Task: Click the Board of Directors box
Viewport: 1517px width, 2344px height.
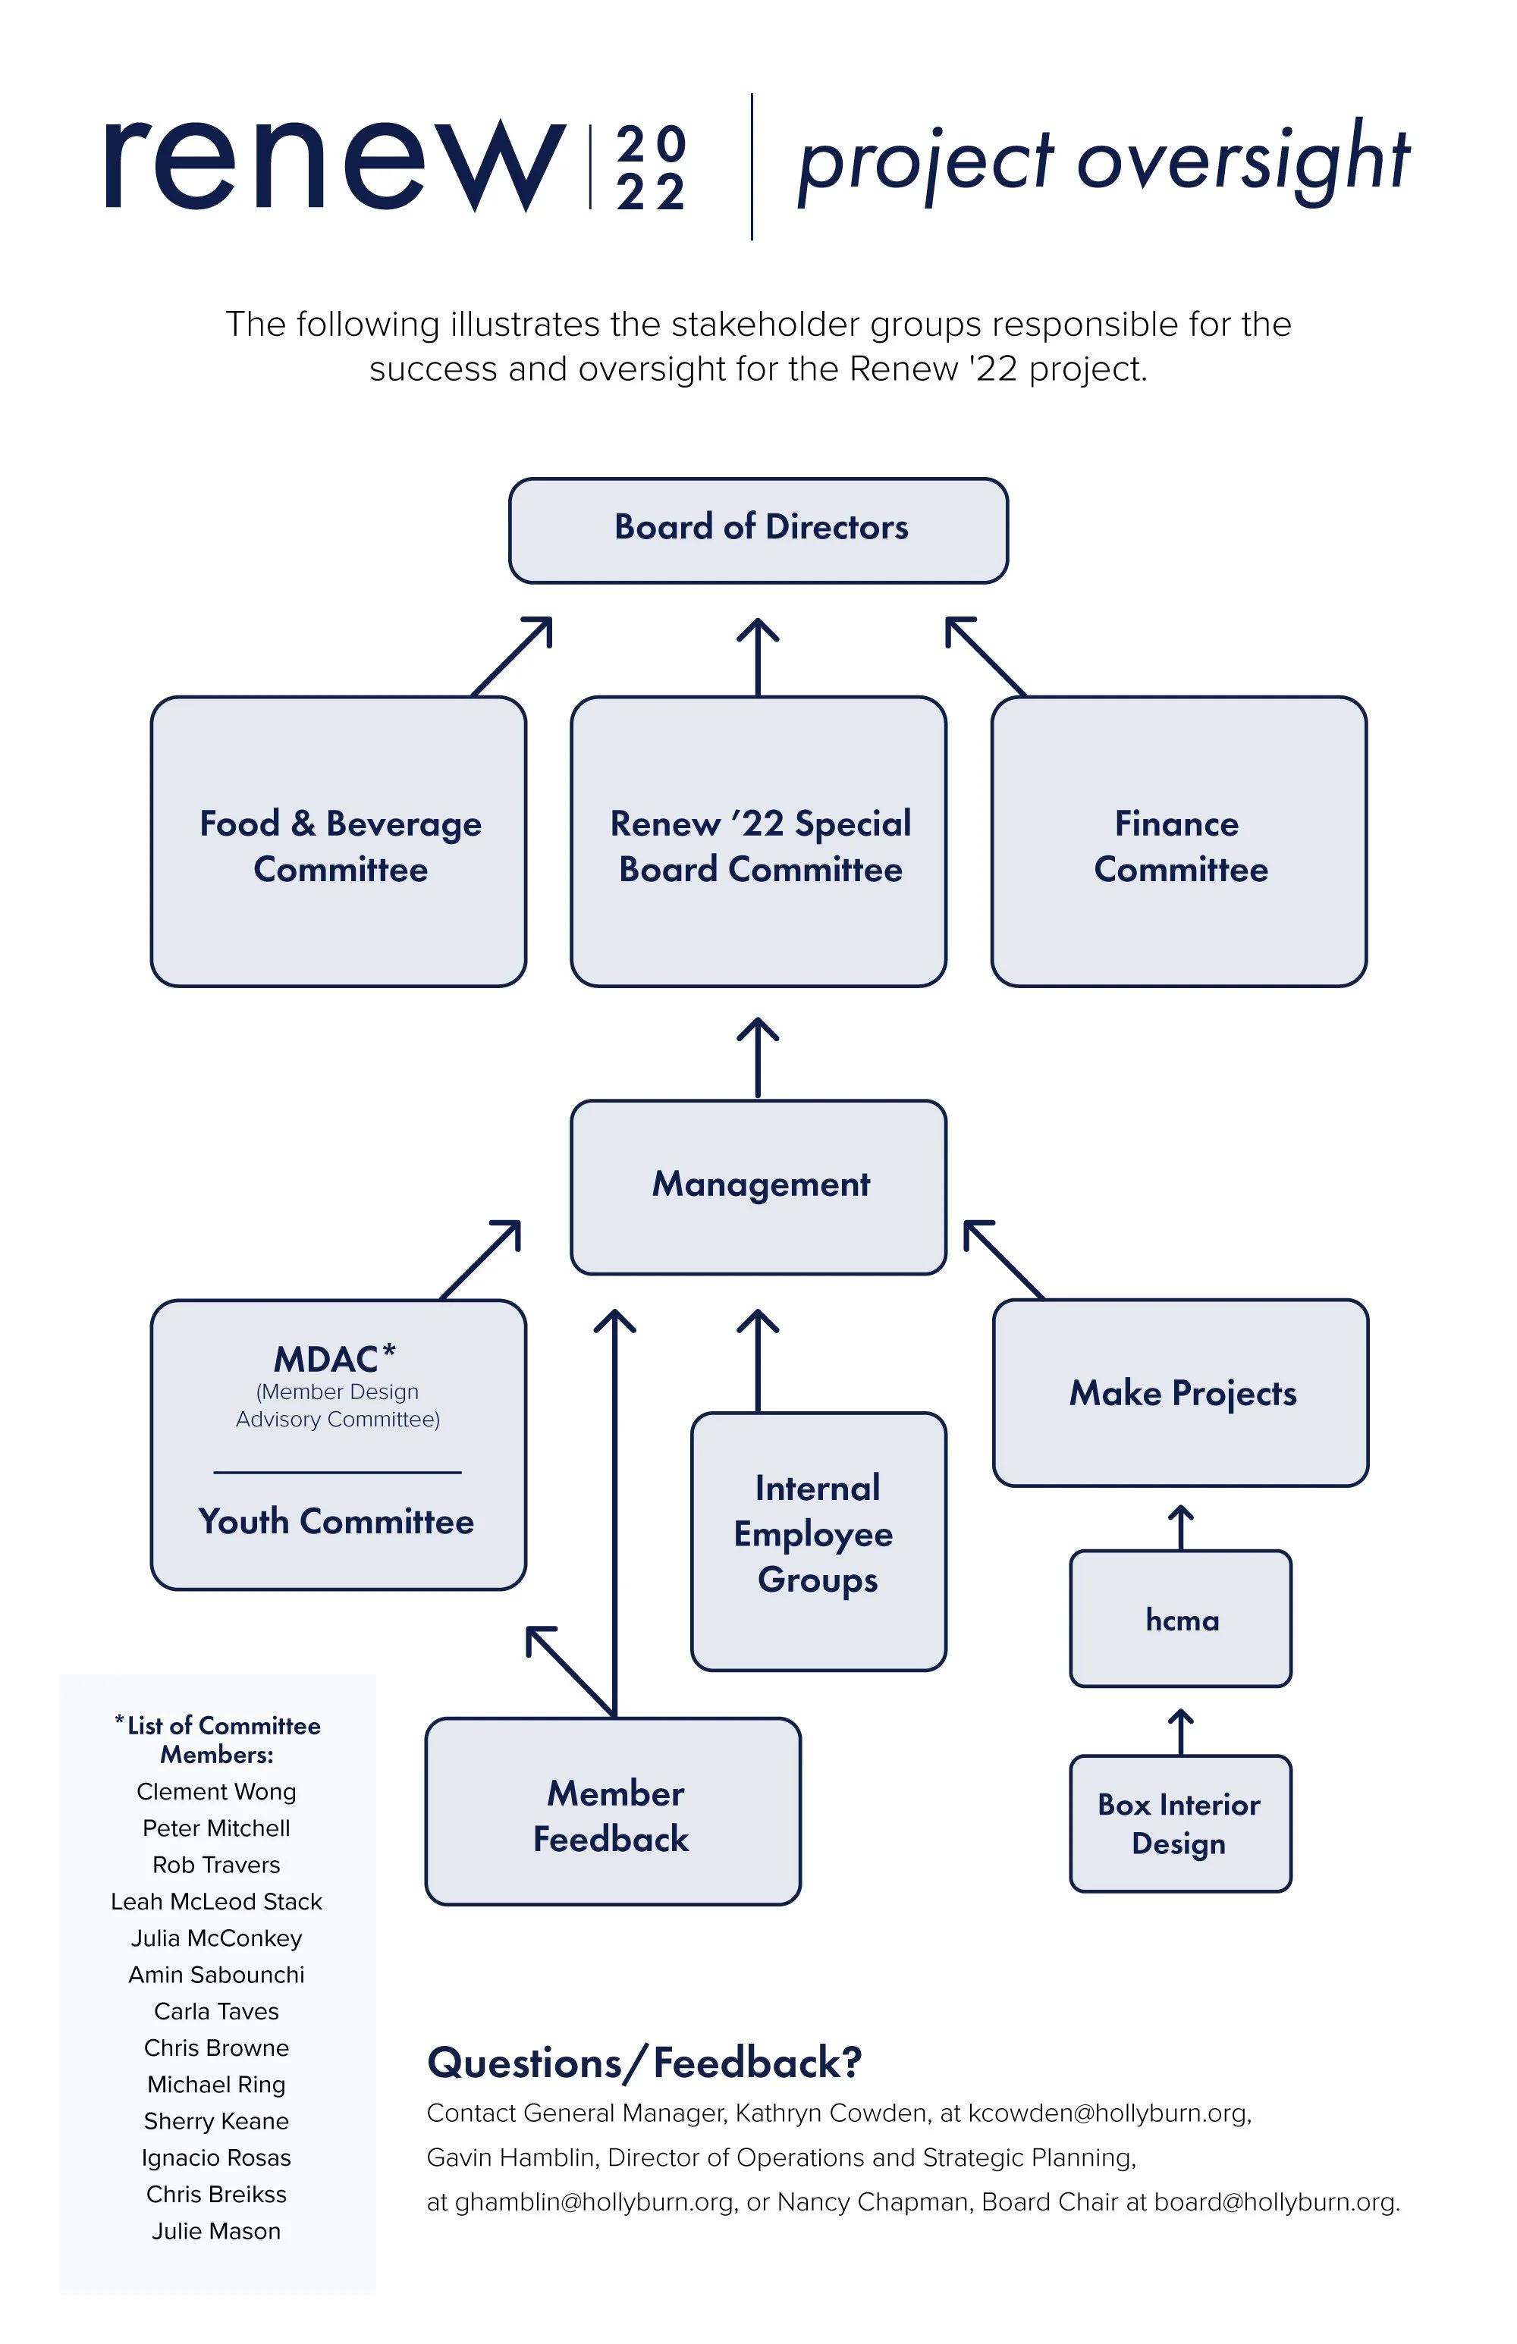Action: coord(758,531)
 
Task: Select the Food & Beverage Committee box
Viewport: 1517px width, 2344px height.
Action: coord(339,842)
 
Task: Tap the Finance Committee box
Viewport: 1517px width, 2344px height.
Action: coord(1179,842)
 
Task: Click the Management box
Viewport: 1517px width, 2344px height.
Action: coord(758,1188)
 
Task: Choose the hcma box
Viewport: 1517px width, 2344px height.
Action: coord(1181,1619)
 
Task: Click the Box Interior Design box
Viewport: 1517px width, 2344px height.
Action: coord(1181,1824)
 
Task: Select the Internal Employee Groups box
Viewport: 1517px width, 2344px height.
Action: coord(818,1542)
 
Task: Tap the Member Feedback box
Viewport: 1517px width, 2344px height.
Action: coord(613,1812)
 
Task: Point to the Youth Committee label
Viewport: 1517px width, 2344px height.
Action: coord(337,1522)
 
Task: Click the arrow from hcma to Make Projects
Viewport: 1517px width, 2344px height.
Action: coord(1181,1527)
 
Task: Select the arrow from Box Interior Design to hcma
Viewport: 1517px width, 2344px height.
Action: coord(1181,1732)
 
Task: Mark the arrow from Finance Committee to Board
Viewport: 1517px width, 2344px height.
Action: coord(986,657)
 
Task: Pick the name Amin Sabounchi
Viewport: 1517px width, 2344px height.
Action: coord(217,1975)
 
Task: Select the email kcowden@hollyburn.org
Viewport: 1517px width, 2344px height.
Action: coord(1109,2113)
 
